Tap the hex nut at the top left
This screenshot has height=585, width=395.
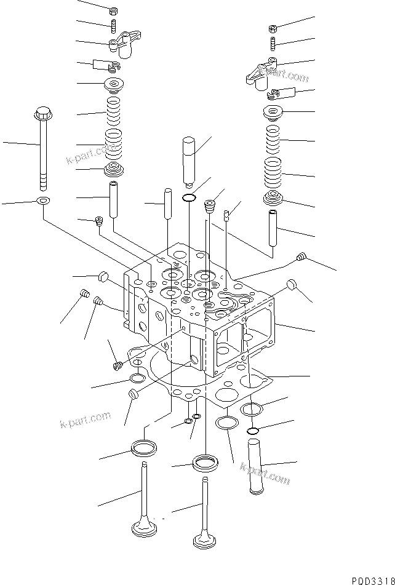113,10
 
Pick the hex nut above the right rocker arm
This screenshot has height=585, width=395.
273,28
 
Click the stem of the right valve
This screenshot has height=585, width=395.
205,504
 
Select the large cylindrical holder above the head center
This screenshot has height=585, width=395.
190,160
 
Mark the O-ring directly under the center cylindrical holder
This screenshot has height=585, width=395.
190,197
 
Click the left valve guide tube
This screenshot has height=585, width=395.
113,199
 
